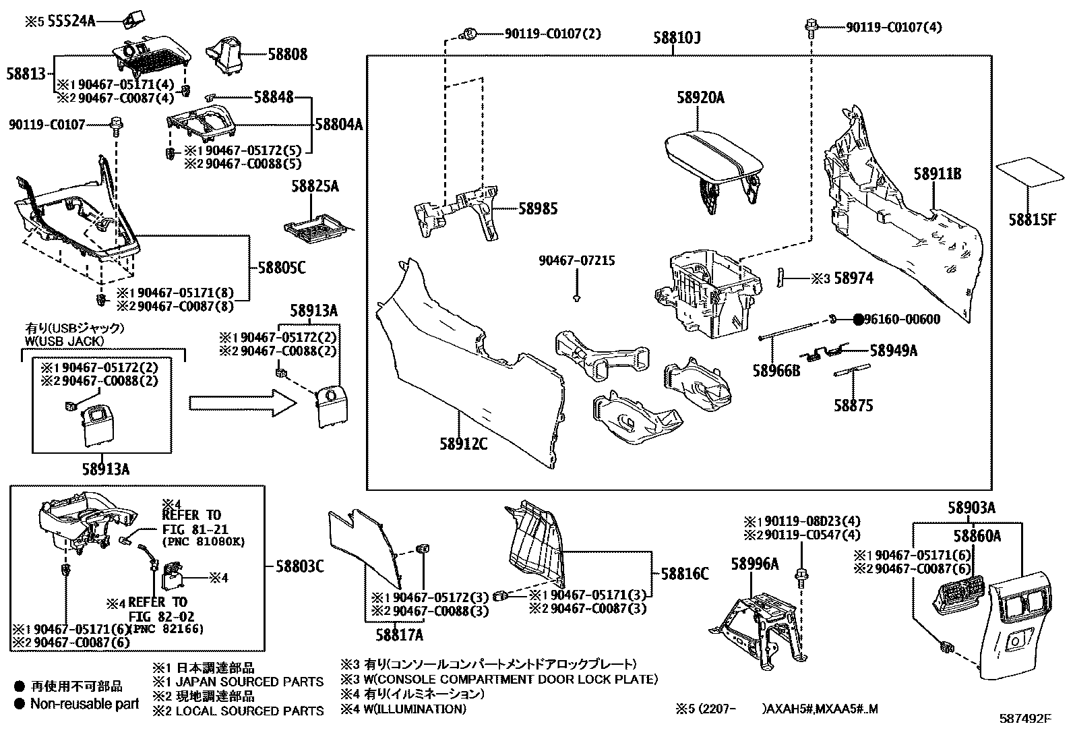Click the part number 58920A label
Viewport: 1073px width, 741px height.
700,98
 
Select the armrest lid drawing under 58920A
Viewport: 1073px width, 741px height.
714,159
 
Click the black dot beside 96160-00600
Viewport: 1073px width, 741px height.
858,320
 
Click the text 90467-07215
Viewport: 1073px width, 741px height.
576,260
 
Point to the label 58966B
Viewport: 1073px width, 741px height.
776,370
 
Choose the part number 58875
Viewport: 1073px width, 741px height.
853,405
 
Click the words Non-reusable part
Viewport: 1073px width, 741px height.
85,704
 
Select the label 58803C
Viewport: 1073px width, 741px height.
299,566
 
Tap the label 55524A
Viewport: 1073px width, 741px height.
70,22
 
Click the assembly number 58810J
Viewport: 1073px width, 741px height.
677,38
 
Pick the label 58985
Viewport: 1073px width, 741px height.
538,209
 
